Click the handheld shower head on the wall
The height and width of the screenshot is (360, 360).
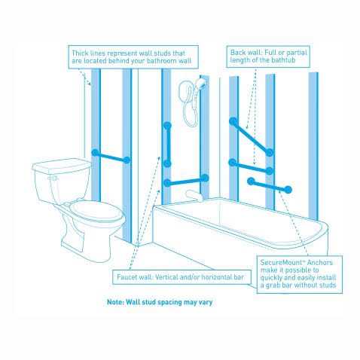[x=197, y=85]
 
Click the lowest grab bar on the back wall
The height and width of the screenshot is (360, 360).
[x=270, y=185]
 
